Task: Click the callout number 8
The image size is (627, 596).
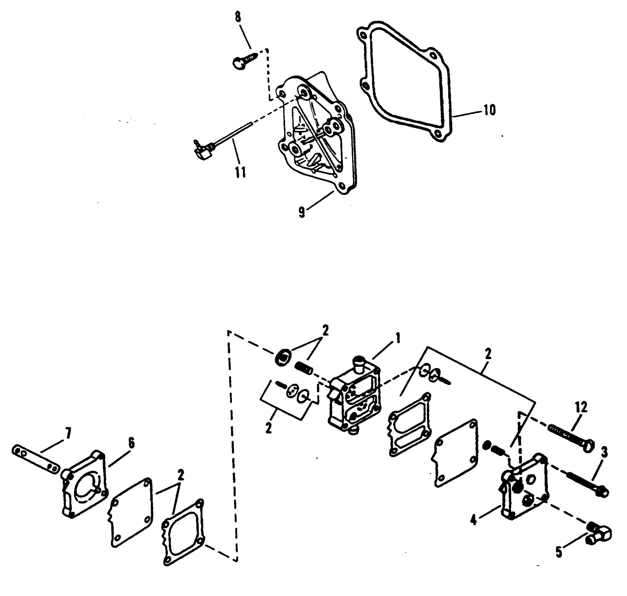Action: (x=238, y=17)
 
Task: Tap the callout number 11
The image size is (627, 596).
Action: (x=240, y=172)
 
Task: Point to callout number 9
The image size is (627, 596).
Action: (x=301, y=212)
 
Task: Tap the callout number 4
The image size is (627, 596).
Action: (x=473, y=520)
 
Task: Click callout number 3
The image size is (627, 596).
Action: (x=604, y=452)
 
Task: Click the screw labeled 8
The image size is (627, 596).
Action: (x=243, y=60)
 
